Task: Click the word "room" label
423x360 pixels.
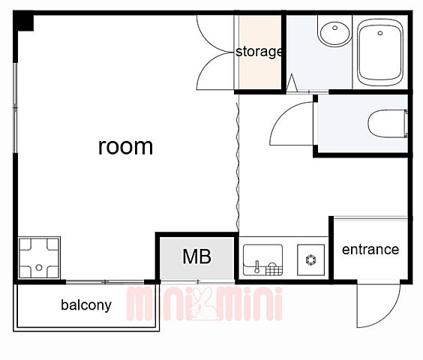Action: pyautogui.click(x=125, y=147)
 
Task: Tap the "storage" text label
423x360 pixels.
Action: pyautogui.click(x=259, y=52)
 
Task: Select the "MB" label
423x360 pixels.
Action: pyautogui.click(x=197, y=256)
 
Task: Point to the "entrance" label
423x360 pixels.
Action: pyautogui.click(x=370, y=250)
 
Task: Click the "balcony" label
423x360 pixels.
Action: pyautogui.click(x=86, y=305)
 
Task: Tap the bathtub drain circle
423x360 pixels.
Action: pyautogui.click(x=380, y=33)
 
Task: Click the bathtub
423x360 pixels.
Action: pyautogui.click(x=380, y=52)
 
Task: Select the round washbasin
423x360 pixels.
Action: pyautogui.click(x=335, y=32)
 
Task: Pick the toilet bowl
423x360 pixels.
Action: pyautogui.click(x=388, y=123)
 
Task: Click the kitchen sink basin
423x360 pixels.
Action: pyautogui.click(x=262, y=260)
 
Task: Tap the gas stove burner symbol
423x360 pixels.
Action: pyautogui.click(x=310, y=259)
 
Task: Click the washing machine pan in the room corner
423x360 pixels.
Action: pyautogui.click(x=39, y=258)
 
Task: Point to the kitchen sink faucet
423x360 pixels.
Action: pyautogui.click(x=256, y=267)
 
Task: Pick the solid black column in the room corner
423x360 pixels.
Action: pyautogui.click(x=24, y=21)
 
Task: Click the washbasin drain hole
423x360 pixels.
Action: pyautogui.click(x=335, y=28)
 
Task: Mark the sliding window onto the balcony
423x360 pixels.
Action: pyautogui.click(x=105, y=282)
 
